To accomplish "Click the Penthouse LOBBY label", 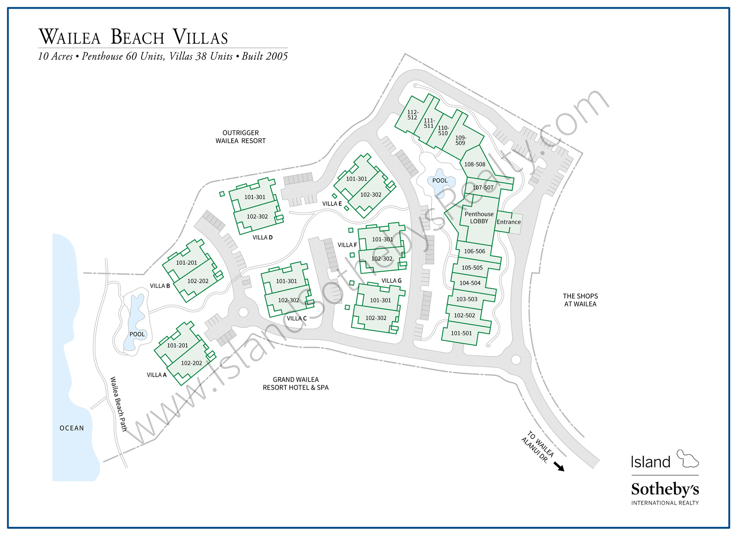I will tap(479, 217).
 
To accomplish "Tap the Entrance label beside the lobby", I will tap(508, 222).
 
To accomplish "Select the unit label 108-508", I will tap(474, 164).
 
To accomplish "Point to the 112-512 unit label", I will tap(412, 115).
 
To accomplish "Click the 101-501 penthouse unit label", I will tap(461, 333).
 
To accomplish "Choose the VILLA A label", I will tap(156, 375).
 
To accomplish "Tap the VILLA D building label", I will tap(262, 238).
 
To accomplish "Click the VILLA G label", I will tap(391, 281).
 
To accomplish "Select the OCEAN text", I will tap(71, 428).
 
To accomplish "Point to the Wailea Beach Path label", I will tap(119, 404).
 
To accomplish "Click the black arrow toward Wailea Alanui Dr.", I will tap(559, 467).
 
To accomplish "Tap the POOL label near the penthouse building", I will tap(440, 181).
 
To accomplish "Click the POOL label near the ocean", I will tap(137, 335).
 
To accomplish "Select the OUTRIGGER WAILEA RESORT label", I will tap(240, 137).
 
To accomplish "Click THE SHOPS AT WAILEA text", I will tap(580, 300).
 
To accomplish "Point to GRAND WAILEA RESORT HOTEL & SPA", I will tap(295, 384).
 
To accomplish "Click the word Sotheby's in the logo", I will tap(664, 490).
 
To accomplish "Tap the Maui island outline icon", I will tap(687, 459).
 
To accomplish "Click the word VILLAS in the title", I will tap(200, 37).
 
